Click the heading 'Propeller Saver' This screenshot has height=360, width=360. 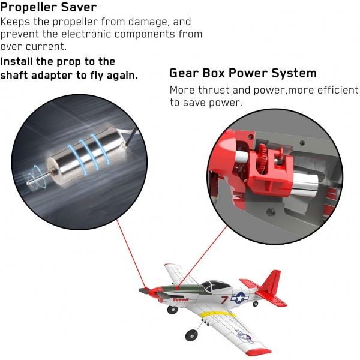pos(49,7)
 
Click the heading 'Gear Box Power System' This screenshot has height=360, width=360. pos(243,73)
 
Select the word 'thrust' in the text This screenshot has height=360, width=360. pos(214,90)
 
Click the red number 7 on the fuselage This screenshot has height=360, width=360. pos(224,299)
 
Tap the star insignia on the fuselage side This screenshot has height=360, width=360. pos(239,298)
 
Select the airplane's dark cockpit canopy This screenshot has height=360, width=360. pos(216,286)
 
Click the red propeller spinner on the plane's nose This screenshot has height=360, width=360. pos(152,292)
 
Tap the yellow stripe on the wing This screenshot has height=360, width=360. pos(217,314)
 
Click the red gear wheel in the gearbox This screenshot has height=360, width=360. pos(263,156)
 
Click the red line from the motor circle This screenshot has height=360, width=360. pos(131,254)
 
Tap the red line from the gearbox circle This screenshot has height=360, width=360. pos(202,257)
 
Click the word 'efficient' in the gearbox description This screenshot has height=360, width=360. pos(338,90)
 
